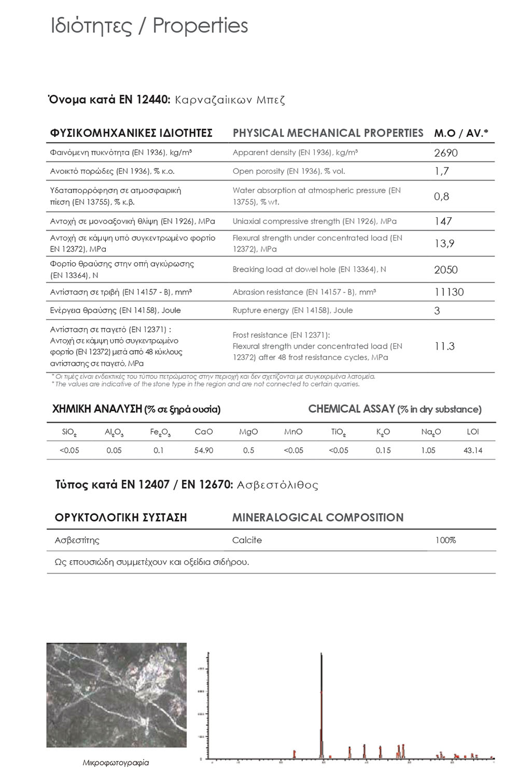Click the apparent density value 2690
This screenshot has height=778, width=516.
(445, 153)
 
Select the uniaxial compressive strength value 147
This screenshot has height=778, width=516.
(443, 221)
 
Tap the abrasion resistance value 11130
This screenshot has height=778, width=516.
(449, 292)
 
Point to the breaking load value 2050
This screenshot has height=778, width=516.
(445, 270)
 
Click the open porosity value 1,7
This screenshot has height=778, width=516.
(441, 171)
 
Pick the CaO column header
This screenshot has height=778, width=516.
(204, 432)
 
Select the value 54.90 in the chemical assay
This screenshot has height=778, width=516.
(204, 451)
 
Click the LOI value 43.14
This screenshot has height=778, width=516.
(472, 451)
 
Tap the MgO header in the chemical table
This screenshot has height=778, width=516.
(248, 432)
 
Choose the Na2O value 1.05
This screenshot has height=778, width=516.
(428, 451)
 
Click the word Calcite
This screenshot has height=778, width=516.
(247, 540)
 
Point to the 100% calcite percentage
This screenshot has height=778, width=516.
(445, 540)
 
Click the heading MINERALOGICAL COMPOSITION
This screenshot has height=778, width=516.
(317, 518)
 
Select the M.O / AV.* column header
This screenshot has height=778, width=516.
(461, 133)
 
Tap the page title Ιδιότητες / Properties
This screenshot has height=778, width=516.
(149, 26)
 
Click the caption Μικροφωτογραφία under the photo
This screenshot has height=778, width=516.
(116, 763)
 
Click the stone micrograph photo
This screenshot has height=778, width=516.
(116, 695)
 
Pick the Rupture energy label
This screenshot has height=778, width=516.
(292, 311)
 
